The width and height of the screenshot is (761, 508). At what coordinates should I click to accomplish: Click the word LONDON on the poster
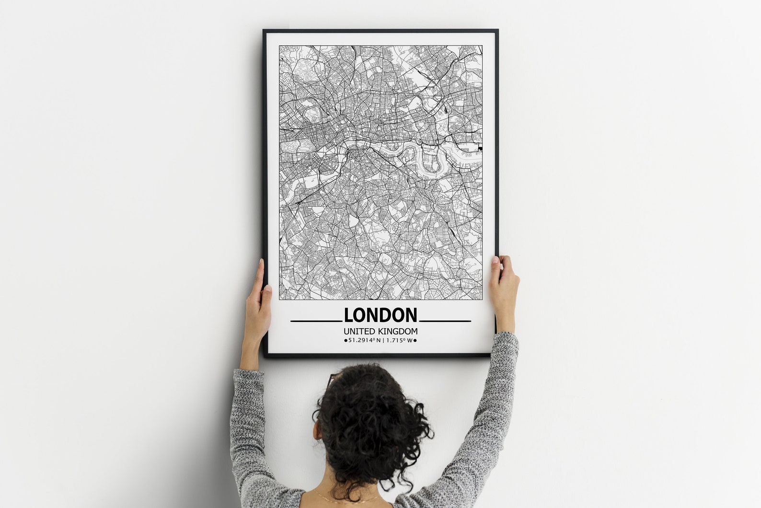380,315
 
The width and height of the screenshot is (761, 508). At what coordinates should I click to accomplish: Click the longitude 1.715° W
399,340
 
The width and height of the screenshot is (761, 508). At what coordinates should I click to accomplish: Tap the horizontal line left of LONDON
316,321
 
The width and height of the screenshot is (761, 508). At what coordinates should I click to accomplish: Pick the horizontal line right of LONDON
445,321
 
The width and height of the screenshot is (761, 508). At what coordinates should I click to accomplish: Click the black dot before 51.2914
346,341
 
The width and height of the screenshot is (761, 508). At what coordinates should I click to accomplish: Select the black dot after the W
415,341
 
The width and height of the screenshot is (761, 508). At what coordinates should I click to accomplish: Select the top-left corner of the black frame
264,31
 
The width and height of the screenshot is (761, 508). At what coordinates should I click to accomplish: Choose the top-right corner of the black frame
497,31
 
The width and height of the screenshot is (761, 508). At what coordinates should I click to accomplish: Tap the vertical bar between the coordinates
383,340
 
